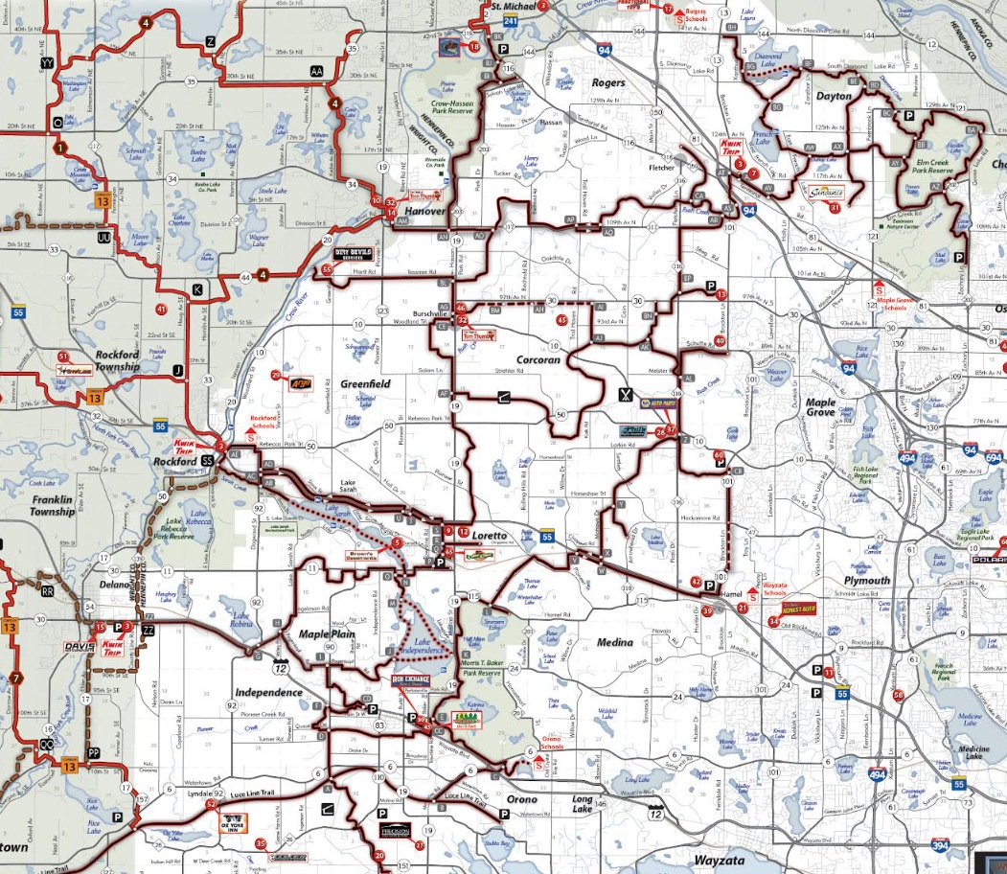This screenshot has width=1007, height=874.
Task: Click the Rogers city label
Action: pyautogui.click(x=608, y=83)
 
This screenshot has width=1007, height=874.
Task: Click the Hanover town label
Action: pyautogui.click(x=425, y=211)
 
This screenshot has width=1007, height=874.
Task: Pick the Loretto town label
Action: pyautogui.click(x=489, y=535)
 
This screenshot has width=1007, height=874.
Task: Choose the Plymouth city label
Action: pyautogui.click(x=867, y=580)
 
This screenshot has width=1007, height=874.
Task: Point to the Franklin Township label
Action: pyautogui.click(x=38, y=505)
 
